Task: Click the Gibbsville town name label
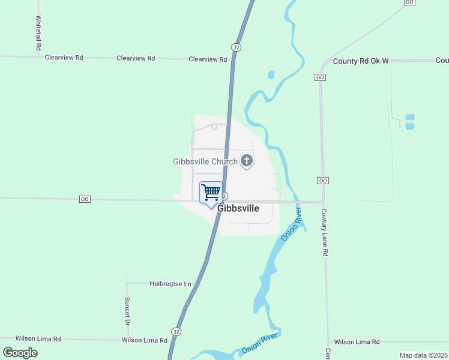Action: coord(238,208)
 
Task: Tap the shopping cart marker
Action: coord(211,193)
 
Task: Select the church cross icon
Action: coord(246,161)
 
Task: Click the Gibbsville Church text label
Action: coord(205,161)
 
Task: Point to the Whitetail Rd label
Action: coord(38,32)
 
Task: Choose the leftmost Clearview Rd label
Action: coord(64,58)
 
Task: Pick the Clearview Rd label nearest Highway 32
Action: coord(208,59)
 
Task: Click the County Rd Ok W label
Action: coord(361,61)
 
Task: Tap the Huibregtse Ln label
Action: coord(170,283)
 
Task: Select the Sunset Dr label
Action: coord(127,311)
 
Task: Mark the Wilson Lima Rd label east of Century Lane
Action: coord(357,341)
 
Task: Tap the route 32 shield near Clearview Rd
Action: coord(237,47)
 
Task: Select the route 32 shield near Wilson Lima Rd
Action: coord(176,331)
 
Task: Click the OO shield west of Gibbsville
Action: coord(85,199)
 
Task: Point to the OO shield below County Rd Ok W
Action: coord(320,77)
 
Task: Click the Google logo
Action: coord(20,353)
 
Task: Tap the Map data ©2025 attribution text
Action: coord(424,355)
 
